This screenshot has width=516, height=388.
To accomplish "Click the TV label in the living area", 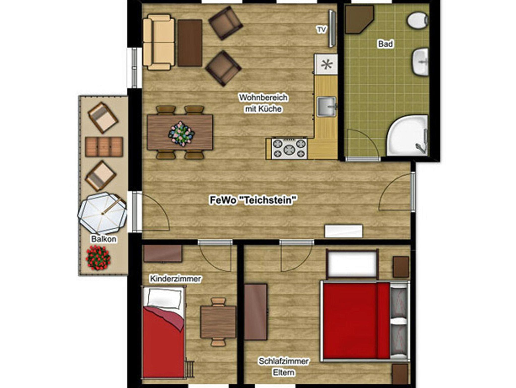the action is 321,30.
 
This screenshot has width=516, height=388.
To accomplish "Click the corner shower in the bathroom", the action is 407,135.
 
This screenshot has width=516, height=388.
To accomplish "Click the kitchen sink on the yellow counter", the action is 327,107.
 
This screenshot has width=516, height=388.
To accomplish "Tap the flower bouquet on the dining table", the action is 181,134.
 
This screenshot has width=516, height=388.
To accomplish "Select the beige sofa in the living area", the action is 159,42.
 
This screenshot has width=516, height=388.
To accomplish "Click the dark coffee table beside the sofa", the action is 190,43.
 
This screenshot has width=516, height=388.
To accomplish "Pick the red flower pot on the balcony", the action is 98,258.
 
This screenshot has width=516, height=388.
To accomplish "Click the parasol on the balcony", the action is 102,213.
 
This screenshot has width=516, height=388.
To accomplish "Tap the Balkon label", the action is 104,239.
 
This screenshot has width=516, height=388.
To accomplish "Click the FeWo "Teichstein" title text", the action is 253,200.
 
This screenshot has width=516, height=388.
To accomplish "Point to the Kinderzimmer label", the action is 175,279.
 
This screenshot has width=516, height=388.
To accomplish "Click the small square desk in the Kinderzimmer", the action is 218,322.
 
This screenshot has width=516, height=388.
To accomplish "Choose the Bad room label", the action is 385,44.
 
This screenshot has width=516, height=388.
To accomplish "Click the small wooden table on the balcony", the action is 104,147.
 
